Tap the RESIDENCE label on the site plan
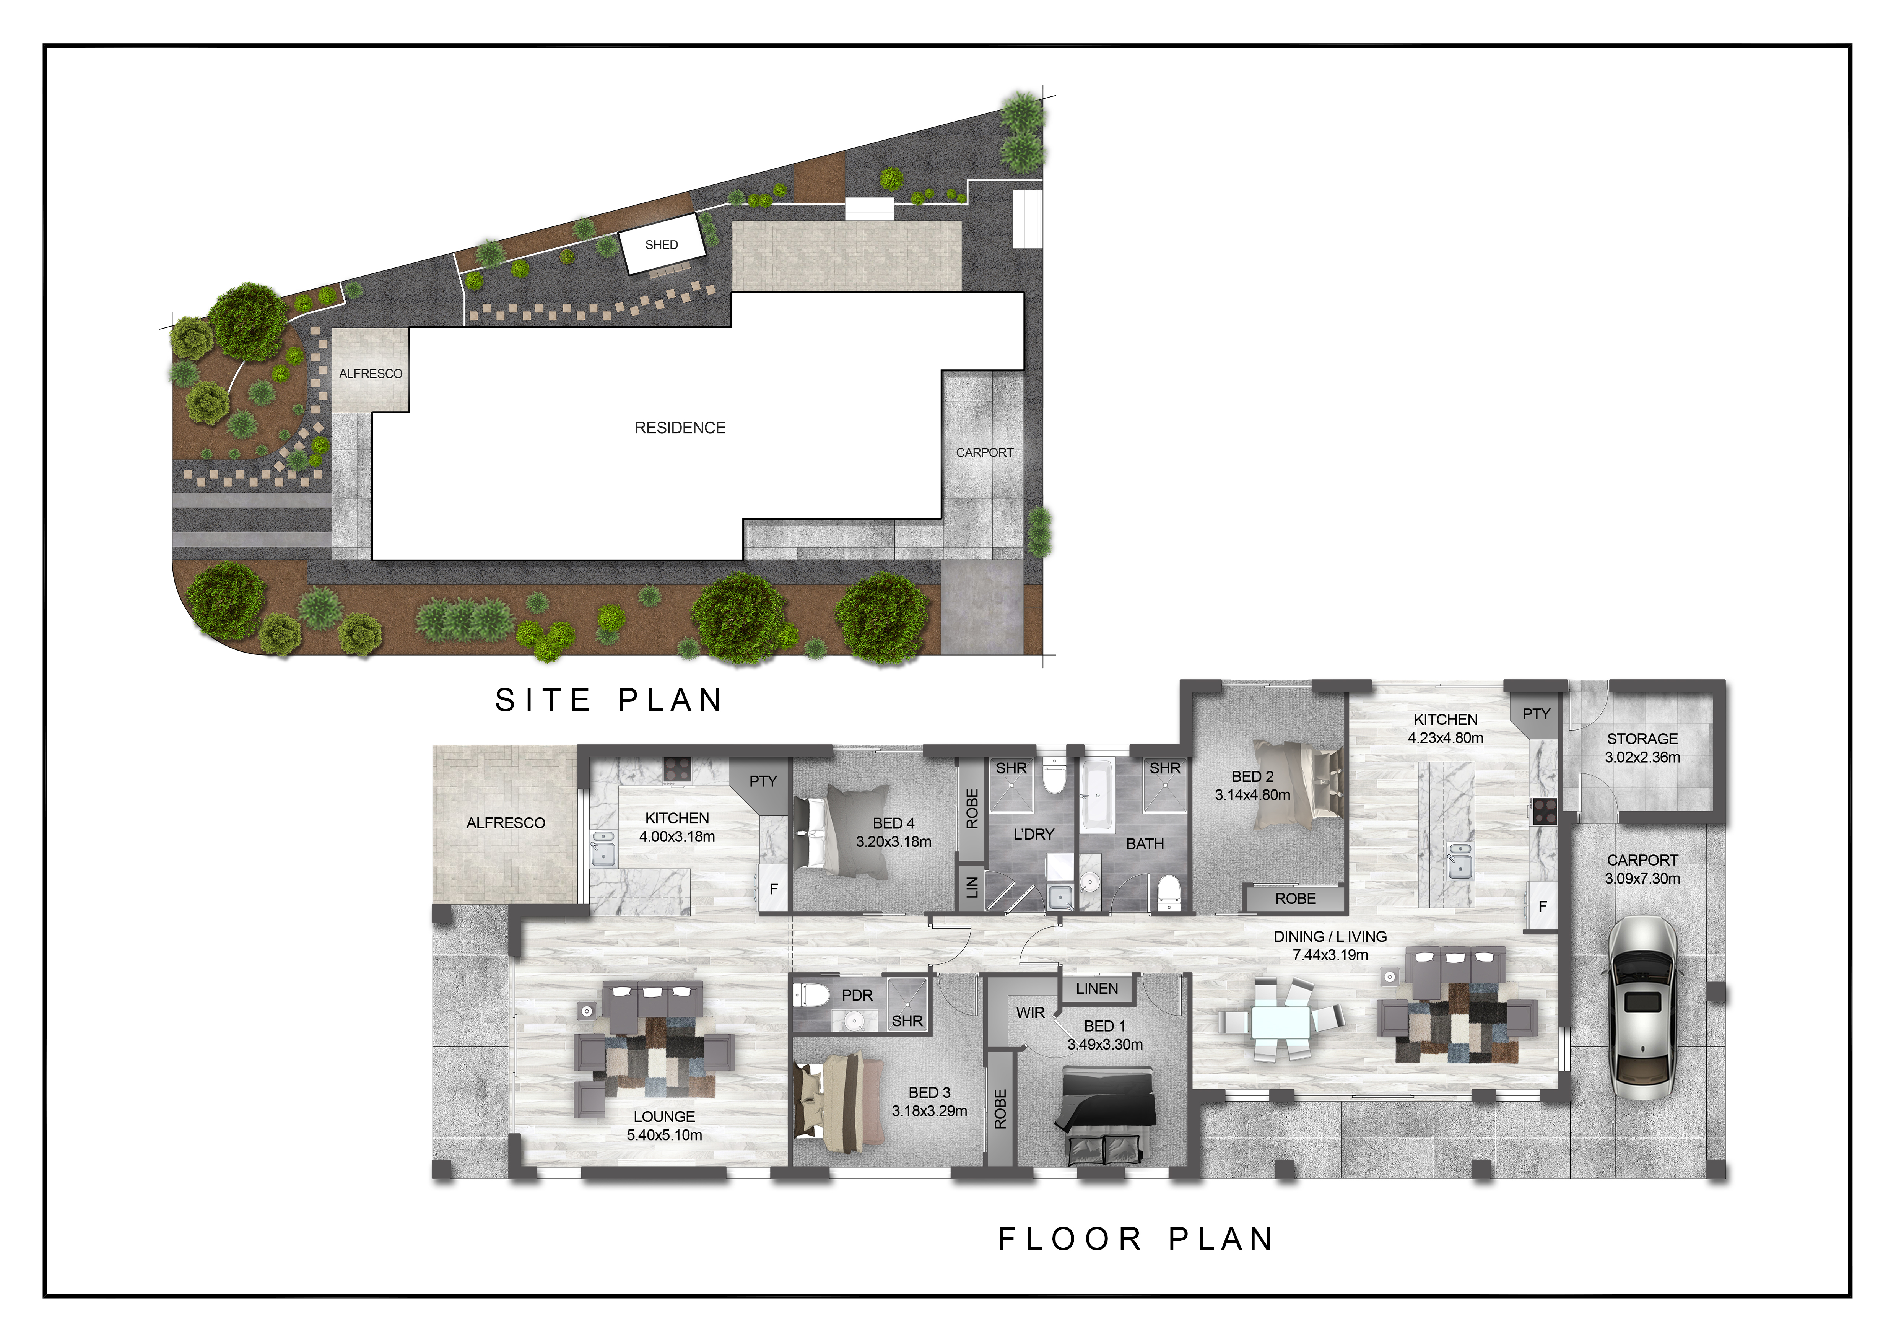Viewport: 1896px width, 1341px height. tap(680, 428)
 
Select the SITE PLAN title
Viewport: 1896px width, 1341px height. tap(608, 700)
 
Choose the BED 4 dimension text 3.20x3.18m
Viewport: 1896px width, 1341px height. tap(893, 841)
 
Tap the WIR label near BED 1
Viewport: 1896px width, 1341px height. tap(1030, 1012)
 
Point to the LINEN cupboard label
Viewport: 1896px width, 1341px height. tap(1097, 988)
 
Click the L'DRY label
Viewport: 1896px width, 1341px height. tap(1033, 834)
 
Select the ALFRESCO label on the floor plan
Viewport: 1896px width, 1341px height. tap(506, 822)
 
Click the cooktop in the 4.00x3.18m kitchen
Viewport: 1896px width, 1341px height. tap(677, 769)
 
